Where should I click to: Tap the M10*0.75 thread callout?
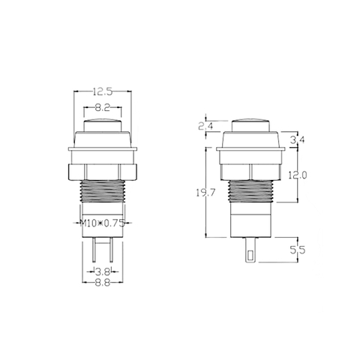coord(102,223)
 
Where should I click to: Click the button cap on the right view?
coord(250,124)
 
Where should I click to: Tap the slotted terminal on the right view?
coord(249,250)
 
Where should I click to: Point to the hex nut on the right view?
coord(250,172)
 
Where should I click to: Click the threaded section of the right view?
coord(250,195)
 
